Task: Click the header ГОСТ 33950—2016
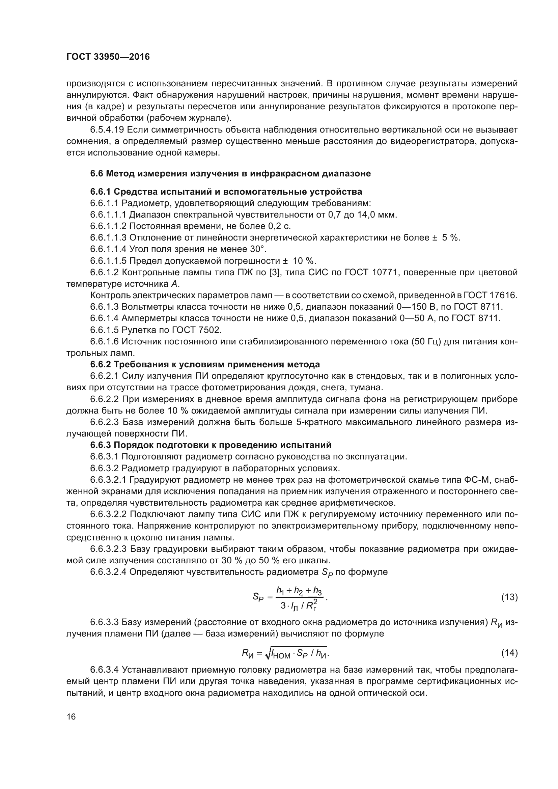point(108,57)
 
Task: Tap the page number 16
point(71,717)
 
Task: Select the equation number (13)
point(509,597)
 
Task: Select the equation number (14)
point(509,653)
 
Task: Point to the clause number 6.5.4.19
point(107,130)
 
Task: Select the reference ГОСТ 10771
point(371,273)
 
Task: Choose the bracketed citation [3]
point(275,273)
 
